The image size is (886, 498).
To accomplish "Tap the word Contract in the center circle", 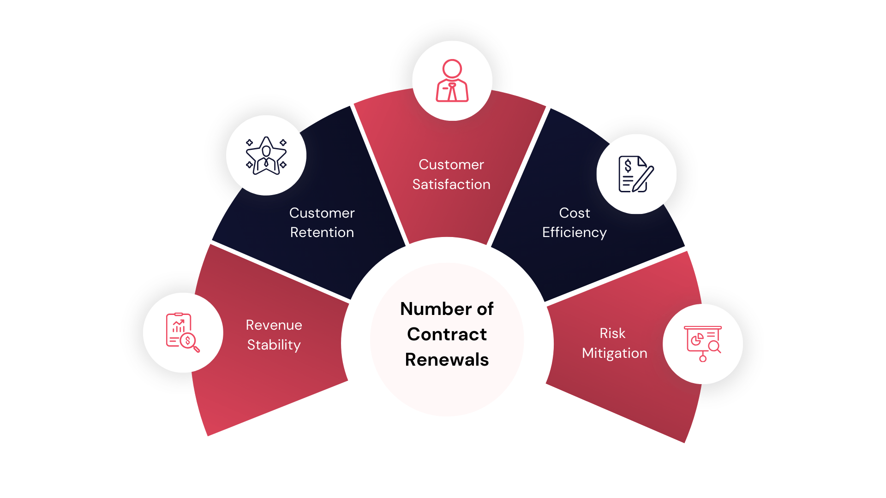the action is pos(447,334).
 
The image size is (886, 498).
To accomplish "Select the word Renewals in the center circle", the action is pos(447,360).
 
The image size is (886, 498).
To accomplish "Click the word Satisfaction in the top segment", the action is pos(451,184).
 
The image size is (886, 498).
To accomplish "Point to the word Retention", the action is pos(322,232).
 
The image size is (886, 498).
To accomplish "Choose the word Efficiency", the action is pos(575,233).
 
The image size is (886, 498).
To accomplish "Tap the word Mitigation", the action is pos(615,354).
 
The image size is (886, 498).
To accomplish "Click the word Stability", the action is pos(274,345).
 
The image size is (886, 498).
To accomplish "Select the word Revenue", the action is pos(274,325).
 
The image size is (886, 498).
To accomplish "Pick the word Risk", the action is pos(612,333).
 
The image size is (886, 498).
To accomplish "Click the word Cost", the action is pos(575,213).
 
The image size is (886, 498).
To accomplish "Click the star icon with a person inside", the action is pos(266,155).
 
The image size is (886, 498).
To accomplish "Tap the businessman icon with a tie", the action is pos(452,81).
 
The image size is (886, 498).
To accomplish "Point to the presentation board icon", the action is pos(703,344).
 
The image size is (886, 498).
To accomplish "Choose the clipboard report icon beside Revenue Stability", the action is pos(183,332).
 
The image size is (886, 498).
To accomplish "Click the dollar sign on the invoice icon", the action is pos(628,165).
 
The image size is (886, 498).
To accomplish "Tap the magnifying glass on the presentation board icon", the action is pos(715,347).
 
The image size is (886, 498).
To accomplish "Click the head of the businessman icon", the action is pos(452,69).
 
